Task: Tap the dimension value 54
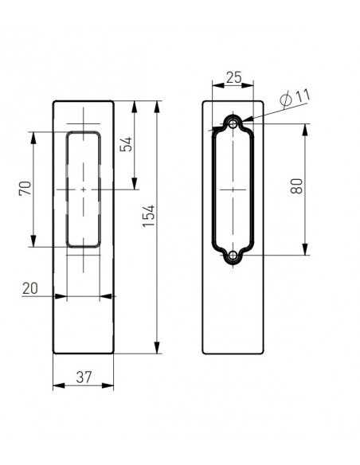pyautogui.click(x=124, y=146)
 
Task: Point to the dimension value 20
pyautogui.click(x=31, y=287)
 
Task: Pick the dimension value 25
pyautogui.click(x=233, y=77)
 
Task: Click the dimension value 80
pyautogui.click(x=296, y=190)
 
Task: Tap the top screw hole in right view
pyautogui.click(x=233, y=123)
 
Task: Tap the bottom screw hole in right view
pyautogui.click(x=233, y=256)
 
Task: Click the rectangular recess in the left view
pyautogui.click(x=84, y=190)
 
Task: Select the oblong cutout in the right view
pyautogui.click(x=233, y=190)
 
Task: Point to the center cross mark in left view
pyautogui.click(x=84, y=190)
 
